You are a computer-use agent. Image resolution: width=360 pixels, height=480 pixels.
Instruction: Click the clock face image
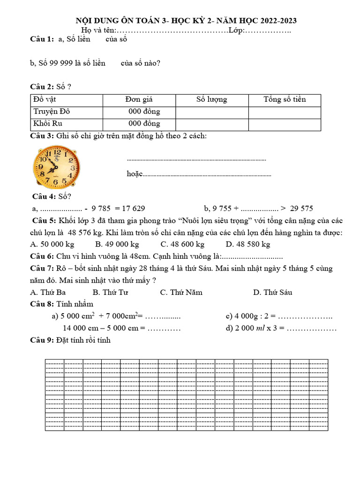[x=56, y=166]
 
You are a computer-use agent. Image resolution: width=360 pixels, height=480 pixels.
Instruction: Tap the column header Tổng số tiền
[x=284, y=99]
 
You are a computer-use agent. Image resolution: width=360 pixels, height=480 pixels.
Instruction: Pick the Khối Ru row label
[x=48, y=124]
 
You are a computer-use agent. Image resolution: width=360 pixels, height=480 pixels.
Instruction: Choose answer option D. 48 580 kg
[x=247, y=244]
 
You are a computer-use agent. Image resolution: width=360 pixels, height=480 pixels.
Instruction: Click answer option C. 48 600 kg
[x=182, y=244]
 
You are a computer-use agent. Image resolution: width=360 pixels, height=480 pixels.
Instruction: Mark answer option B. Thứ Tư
[x=111, y=292]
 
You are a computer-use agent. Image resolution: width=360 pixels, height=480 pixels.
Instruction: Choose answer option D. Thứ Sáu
[x=272, y=292]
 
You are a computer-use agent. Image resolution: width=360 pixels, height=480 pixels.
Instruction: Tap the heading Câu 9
[x=42, y=340]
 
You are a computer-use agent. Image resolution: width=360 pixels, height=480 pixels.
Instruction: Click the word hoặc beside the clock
[x=134, y=174]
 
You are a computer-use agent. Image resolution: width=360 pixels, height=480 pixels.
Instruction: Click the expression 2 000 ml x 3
[x=252, y=328]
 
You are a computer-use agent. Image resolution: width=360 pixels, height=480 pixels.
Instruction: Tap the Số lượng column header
[x=211, y=99]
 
